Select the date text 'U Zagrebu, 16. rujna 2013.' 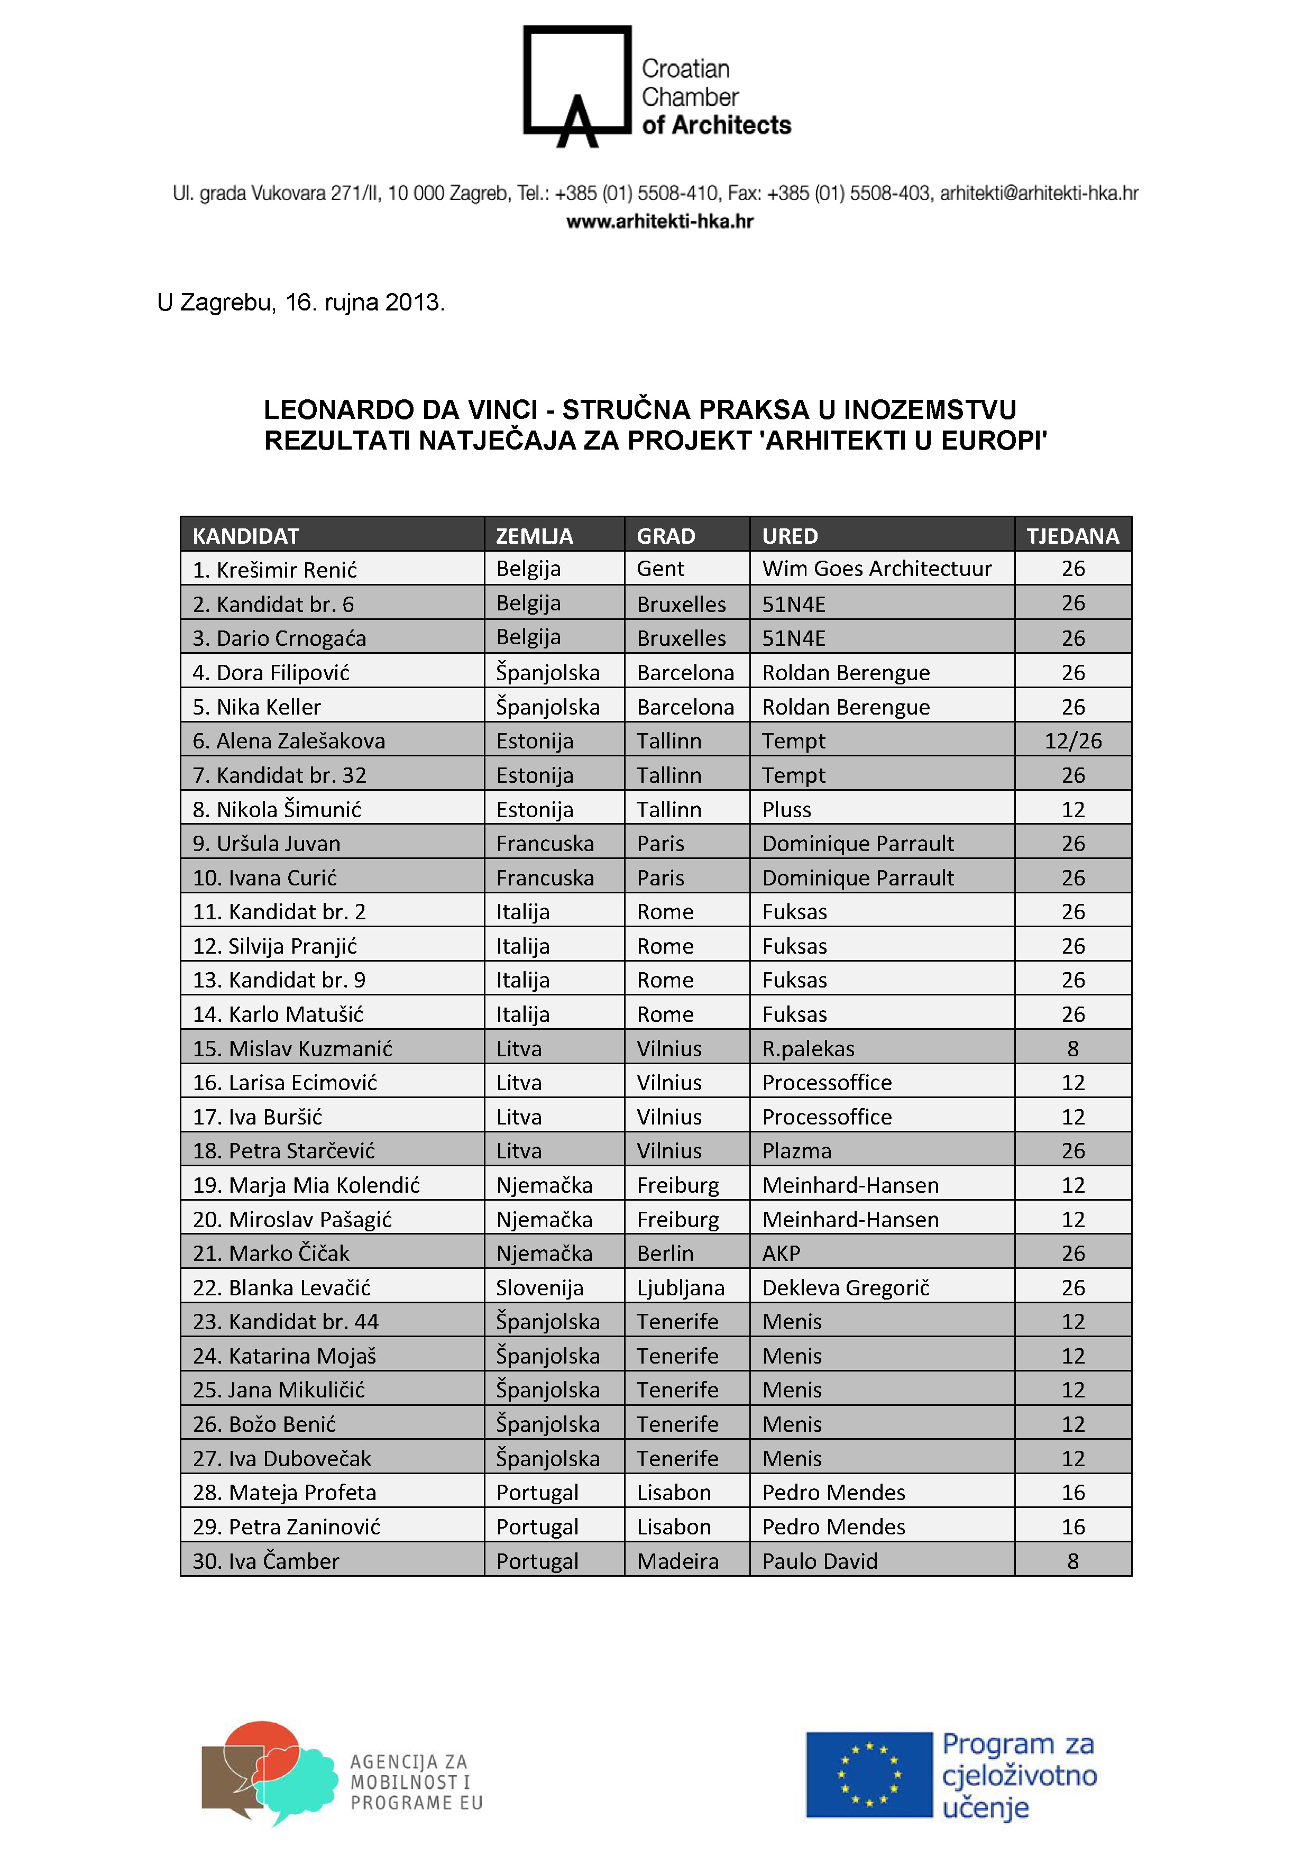301,303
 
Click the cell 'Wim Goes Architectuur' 876,569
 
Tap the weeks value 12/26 1073,741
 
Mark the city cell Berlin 665,1254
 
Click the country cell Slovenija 539,1288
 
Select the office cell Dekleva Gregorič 846,1288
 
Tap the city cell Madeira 677,1561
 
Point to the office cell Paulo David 820,1561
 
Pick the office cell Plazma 796,1151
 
